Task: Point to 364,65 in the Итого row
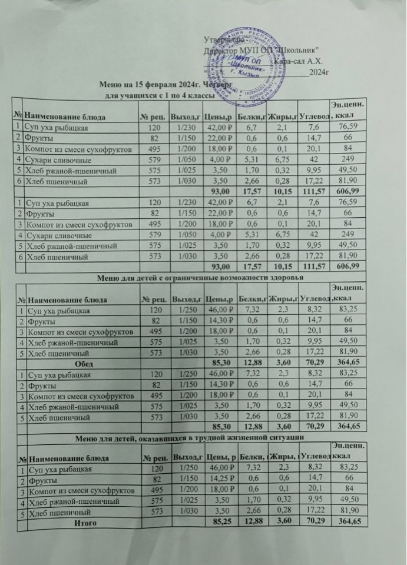pos(345,521)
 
